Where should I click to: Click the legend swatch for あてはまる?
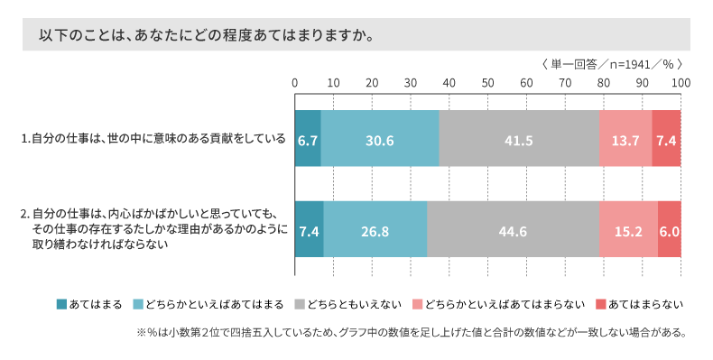(x=61, y=304)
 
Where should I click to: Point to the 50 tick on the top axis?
(x=487, y=83)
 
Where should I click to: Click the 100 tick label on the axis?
(x=680, y=83)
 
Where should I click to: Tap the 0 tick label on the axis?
(x=295, y=83)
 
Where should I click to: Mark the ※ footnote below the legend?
(x=412, y=332)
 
